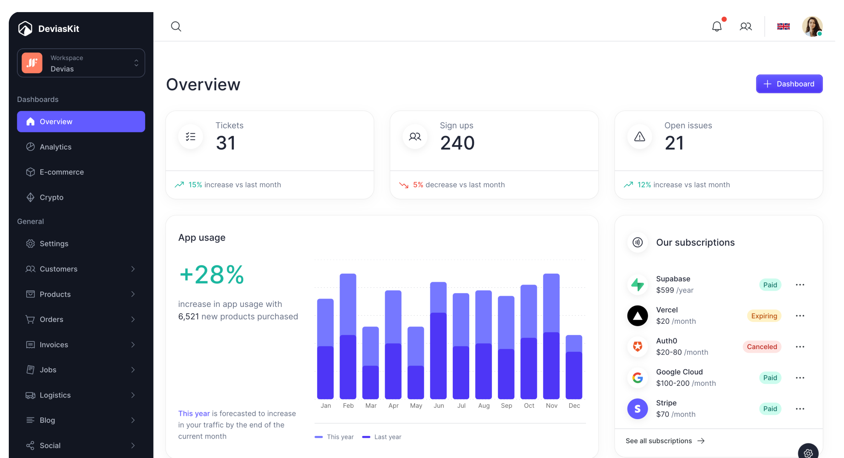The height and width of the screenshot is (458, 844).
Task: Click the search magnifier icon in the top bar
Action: [x=176, y=26]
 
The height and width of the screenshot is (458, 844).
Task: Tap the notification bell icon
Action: [x=717, y=26]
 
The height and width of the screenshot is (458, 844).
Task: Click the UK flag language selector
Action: [x=783, y=26]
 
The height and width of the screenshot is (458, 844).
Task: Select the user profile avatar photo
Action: [x=812, y=26]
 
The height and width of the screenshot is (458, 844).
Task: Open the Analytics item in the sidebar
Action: [x=56, y=147]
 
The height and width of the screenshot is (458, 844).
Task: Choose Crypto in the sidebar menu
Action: [x=52, y=197]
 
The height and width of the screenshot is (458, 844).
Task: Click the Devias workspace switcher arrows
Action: [x=136, y=63]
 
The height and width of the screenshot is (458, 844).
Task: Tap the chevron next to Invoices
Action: [x=133, y=345]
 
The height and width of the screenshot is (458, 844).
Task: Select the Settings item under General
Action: [x=54, y=243]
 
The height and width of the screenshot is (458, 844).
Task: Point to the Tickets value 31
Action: [x=226, y=143]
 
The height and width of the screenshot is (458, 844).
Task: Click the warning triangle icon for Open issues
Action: [x=640, y=137]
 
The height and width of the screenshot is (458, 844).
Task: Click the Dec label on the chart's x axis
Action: [x=574, y=406]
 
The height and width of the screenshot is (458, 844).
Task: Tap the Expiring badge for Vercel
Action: [x=764, y=316]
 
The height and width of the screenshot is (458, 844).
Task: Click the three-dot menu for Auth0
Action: [x=800, y=347]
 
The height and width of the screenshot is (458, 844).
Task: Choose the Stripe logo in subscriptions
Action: [x=637, y=409]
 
